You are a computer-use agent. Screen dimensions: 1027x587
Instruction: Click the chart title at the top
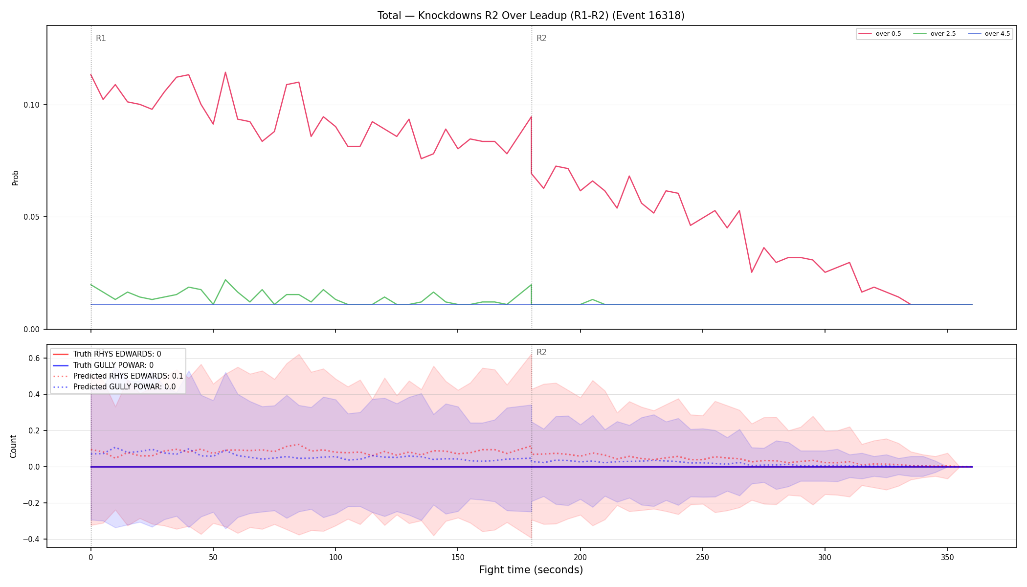tap(531, 16)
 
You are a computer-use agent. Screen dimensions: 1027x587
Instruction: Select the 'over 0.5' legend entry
tap(880, 34)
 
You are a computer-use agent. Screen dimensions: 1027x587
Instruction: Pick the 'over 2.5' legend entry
tap(935, 34)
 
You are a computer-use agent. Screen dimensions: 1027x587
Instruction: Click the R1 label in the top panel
tap(101, 38)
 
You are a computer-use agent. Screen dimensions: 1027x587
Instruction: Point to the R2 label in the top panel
tap(541, 38)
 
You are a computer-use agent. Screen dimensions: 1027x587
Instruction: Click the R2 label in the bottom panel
tap(541, 352)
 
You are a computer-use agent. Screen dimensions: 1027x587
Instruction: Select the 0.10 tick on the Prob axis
tap(32, 105)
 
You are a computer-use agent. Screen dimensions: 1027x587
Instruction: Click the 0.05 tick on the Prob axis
tap(32, 217)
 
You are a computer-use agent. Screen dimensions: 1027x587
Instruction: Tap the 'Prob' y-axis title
tap(16, 178)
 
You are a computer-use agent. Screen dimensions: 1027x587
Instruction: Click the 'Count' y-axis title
tap(13, 446)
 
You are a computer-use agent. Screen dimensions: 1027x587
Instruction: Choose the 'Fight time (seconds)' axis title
tap(531, 570)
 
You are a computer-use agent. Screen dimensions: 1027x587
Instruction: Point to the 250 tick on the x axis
tap(702, 557)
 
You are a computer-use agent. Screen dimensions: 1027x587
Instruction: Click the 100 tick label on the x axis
tap(335, 557)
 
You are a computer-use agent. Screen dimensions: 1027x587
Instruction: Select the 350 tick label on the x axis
tap(947, 557)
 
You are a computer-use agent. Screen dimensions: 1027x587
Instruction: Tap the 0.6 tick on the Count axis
tap(34, 359)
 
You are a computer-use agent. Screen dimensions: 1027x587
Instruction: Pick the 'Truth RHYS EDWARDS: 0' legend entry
tap(107, 354)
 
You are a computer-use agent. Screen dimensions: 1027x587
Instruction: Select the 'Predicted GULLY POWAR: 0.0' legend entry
tap(114, 386)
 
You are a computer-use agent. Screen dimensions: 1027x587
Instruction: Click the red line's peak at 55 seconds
tap(225, 72)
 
